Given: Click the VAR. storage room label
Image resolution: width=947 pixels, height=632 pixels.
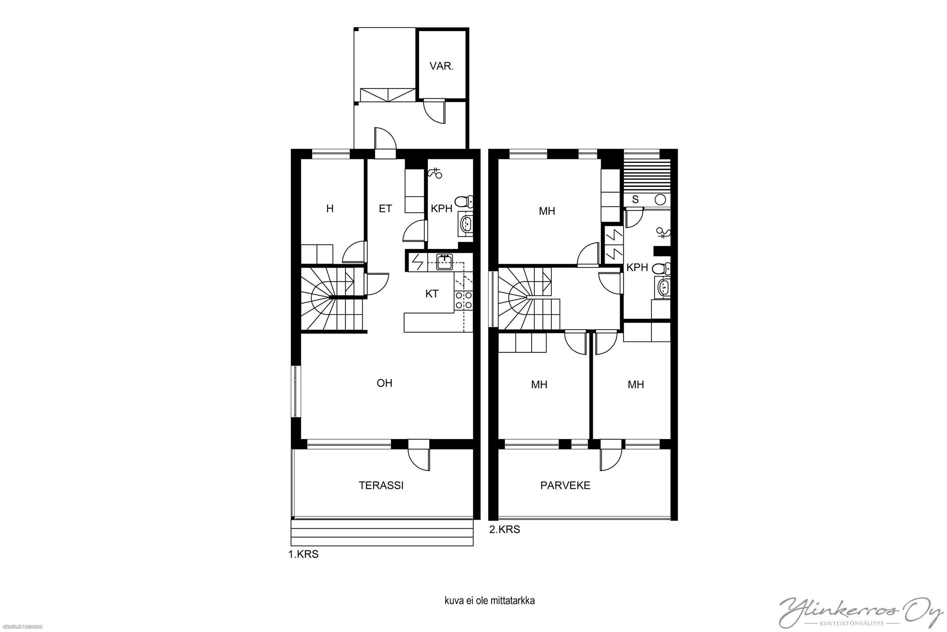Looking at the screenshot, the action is [442, 66].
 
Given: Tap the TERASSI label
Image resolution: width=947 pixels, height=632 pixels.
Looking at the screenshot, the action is [381, 485].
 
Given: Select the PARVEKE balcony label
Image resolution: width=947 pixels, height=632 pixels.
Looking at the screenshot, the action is [565, 485].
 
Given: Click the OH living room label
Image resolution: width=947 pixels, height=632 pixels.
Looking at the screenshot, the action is [384, 383].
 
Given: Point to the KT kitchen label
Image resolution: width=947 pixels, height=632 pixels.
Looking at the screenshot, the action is [432, 294].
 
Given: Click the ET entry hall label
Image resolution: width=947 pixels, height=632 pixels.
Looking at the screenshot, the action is [385, 209].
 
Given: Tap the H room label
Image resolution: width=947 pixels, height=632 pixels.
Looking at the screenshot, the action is [330, 209].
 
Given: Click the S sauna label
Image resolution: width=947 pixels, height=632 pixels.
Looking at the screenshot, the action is [635, 199].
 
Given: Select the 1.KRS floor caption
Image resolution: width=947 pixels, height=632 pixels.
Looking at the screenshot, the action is [303, 555].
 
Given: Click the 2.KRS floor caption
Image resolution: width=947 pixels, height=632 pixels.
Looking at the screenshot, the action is [504, 530].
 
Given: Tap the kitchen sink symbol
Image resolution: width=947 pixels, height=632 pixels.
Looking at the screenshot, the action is [444, 262].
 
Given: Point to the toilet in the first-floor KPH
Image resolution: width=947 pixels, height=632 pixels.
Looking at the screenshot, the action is [464, 201].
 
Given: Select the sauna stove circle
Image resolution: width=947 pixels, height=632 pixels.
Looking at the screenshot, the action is [659, 199].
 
